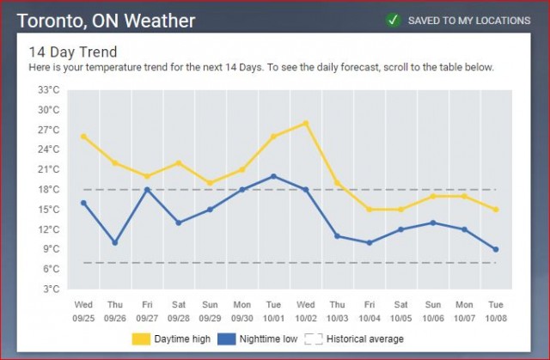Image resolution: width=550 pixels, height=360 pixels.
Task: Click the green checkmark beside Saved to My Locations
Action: coord(394,19)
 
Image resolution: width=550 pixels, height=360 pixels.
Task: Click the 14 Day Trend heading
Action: coord(73,52)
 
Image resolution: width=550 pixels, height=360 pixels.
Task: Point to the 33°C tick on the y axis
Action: coord(47,90)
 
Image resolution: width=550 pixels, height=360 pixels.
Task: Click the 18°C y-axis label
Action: coord(47,189)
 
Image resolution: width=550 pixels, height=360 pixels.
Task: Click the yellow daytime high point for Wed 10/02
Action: coord(305,123)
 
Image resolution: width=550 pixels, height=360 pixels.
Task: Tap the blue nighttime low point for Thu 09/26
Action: coord(115,242)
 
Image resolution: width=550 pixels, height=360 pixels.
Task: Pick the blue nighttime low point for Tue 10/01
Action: coord(273,176)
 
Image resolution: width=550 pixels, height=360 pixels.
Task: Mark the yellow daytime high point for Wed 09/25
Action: coord(83,136)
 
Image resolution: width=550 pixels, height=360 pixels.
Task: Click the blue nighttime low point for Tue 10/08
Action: coord(496,249)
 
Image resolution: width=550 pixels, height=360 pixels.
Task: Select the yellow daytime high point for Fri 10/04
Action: coord(369,209)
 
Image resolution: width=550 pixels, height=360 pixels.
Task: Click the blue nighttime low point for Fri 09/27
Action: coord(147,189)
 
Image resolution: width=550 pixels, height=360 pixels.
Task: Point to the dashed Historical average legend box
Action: coord(313,339)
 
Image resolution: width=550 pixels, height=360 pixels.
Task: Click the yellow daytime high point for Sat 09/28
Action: coord(179,162)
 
